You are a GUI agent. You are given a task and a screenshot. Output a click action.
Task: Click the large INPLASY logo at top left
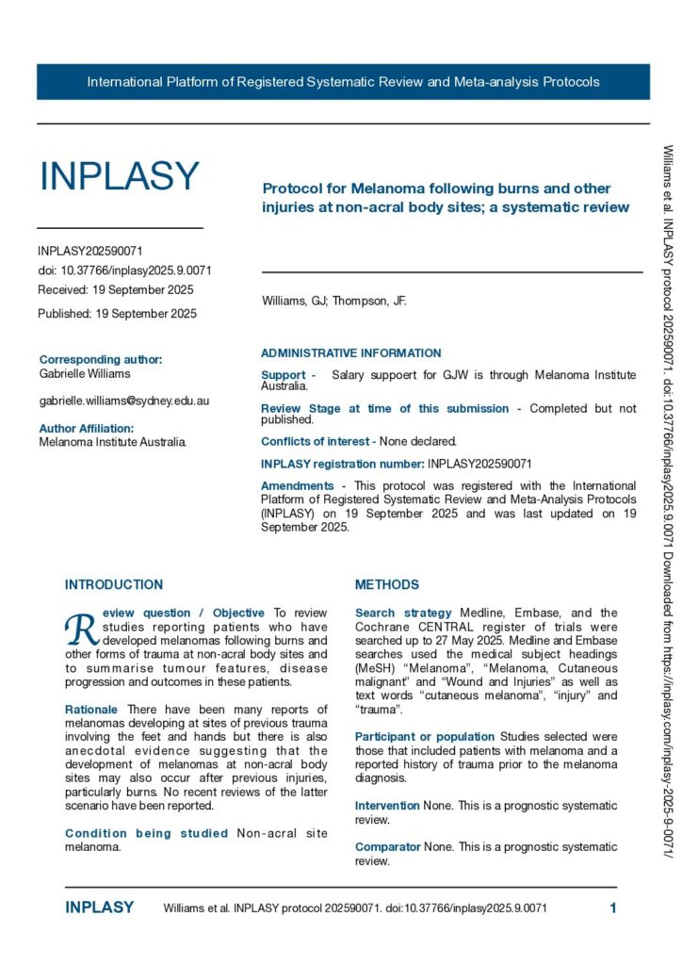119,176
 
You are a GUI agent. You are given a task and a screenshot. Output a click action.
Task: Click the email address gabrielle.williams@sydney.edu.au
123,401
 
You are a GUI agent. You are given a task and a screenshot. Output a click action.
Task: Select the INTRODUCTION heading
113,584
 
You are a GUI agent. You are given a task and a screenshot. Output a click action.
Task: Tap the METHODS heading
386,584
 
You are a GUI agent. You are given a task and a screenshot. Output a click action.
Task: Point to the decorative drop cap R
80,627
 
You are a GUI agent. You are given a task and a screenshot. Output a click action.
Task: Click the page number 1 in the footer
613,908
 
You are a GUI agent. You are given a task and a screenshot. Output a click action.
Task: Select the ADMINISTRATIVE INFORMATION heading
350,353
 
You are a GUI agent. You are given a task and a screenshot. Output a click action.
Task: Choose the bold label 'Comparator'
387,847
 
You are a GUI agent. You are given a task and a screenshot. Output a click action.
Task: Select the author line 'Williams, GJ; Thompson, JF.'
333,302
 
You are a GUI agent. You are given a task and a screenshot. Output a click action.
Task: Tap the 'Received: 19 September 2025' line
115,289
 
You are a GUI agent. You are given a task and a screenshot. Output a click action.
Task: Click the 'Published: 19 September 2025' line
117,314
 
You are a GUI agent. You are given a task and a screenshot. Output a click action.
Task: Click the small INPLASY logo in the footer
99,908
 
